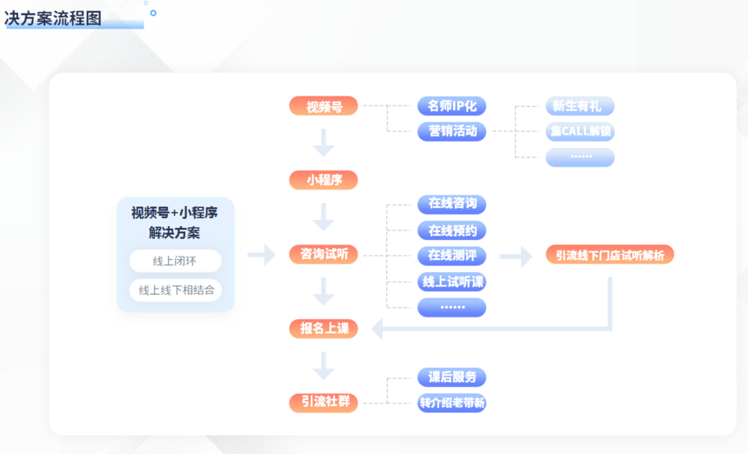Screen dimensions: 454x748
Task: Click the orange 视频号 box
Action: tap(323, 106)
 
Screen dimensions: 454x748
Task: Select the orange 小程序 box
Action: tap(323, 180)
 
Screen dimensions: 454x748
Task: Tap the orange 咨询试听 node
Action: tap(323, 254)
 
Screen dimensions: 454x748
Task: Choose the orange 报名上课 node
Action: tap(323, 328)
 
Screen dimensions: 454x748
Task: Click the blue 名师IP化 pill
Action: tap(451, 106)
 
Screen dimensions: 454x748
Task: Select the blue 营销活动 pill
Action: tap(451, 131)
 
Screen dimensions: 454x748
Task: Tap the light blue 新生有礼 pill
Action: tap(580, 106)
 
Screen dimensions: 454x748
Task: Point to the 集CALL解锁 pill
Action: tap(580, 132)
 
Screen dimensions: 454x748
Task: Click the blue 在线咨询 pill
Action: tap(451, 204)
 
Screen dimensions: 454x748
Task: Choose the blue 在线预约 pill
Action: tap(451, 230)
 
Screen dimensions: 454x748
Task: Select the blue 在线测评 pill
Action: tap(451, 256)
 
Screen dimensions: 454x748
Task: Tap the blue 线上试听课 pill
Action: tap(451, 282)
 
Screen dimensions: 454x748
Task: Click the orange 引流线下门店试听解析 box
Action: tap(610, 255)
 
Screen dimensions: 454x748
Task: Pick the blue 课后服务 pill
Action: tap(451, 377)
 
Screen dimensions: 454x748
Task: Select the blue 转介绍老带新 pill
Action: tap(451, 403)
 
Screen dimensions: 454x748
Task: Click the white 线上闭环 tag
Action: tap(175, 261)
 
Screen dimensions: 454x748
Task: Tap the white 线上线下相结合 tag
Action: tap(175, 290)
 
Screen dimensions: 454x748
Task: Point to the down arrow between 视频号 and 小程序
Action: tap(324, 143)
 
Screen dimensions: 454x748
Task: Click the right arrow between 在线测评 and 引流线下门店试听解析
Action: tap(516, 256)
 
